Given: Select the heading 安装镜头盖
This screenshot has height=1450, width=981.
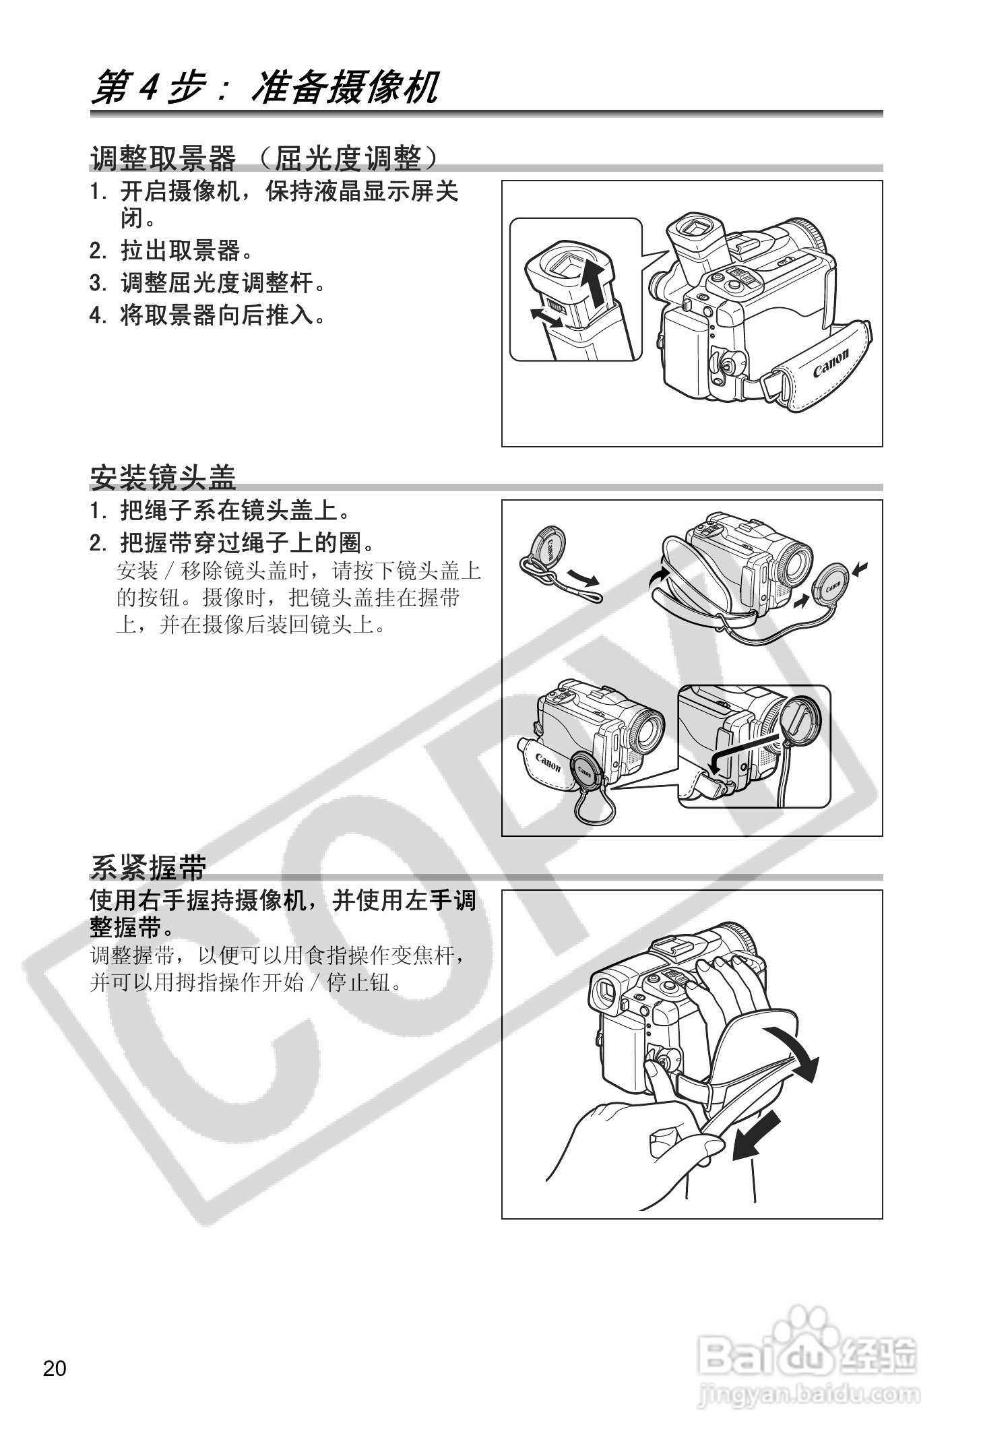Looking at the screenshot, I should (x=163, y=477).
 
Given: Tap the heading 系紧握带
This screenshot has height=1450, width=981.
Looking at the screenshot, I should (x=148, y=867).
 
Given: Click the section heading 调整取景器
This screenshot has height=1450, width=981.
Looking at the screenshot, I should (x=164, y=159).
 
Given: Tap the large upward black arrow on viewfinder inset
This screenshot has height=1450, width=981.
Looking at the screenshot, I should (x=596, y=283).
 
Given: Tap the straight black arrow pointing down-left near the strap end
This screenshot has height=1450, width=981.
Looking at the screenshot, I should (x=756, y=1136).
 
